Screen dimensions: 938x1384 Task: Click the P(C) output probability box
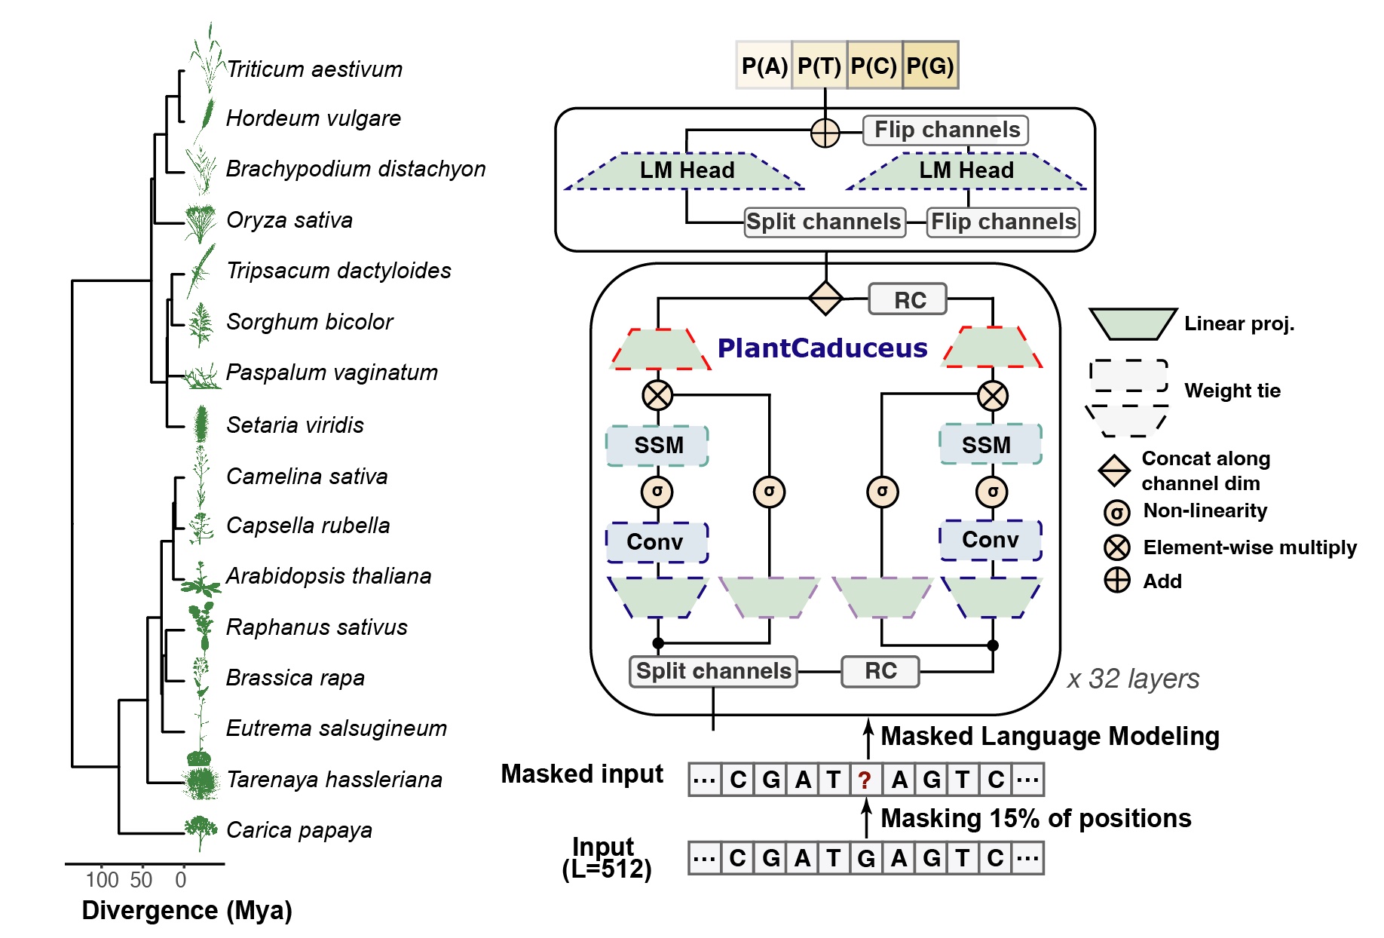click(x=874, y=66)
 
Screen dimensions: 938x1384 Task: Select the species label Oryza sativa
click(x=289, y=220)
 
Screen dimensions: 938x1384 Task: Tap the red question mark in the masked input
click(x=865, y=780)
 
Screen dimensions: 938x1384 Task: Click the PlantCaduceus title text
click(x=822, y=348)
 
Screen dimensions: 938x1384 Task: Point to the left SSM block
click(x=657, y=446)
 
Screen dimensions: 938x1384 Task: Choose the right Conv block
click(x=991, y=541)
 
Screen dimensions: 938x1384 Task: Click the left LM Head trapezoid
click(x=686, y=170)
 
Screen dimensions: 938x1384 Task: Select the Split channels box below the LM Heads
click(x=824, y=222)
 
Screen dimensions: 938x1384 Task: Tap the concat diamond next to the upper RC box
click(x=825, y=299)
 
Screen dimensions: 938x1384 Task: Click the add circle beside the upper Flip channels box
click(x=825, y=133)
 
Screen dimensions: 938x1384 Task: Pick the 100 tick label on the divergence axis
click(x=102, y=880)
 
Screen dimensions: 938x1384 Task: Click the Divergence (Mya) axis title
click(x=187, y=911)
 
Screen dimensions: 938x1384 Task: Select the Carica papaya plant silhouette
click(x=201, y=831)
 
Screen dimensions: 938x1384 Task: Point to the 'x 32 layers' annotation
click(x=1132, y=679)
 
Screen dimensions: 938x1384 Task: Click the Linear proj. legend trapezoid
click(x=1132, y=323)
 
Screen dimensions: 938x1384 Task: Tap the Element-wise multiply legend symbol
click(x=1116, y=548)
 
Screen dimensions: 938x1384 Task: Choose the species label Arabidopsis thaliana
click(x=329, y=577)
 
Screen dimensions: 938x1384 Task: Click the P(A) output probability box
click(x=764, y=66)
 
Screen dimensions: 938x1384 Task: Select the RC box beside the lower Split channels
click(x=880, y=671)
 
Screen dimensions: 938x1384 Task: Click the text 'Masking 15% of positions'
click(x=1036, y=819)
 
